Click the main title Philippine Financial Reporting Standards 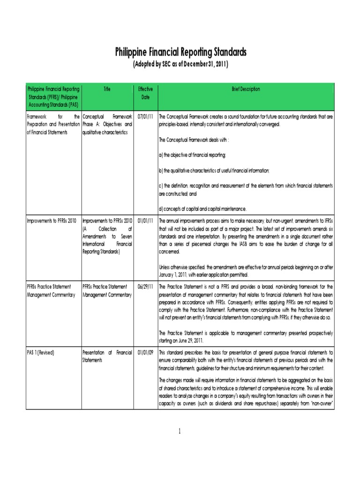tap(180, 52)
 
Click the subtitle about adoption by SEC tap(180, 64)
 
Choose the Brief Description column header tap(246, 89)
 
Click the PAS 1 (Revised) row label tap(40, 352)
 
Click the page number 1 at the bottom tap(180, 432)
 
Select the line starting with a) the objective tap(193, 155)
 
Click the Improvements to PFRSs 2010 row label tap(51, 220)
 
